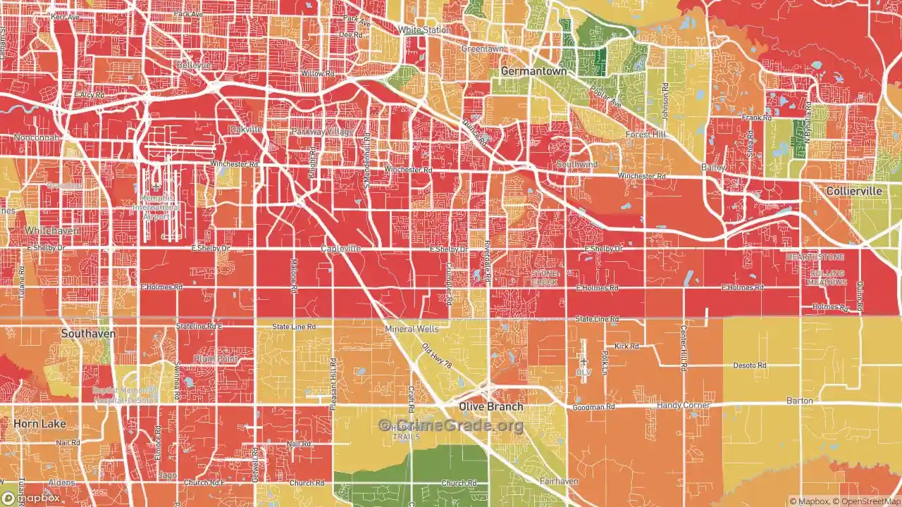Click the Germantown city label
(x=533, y=71)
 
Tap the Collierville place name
(x=854, y=192)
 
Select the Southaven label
(x=88, y=334)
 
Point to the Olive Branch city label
(x=491, y=407)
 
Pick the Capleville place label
(x=340, y=249)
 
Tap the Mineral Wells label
(x=412, y=329)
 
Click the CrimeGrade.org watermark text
(x=451, y=425)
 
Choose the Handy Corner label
(x=683, y=406)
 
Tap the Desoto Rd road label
(x=749, y=365)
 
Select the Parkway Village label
(x=322, y=132)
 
